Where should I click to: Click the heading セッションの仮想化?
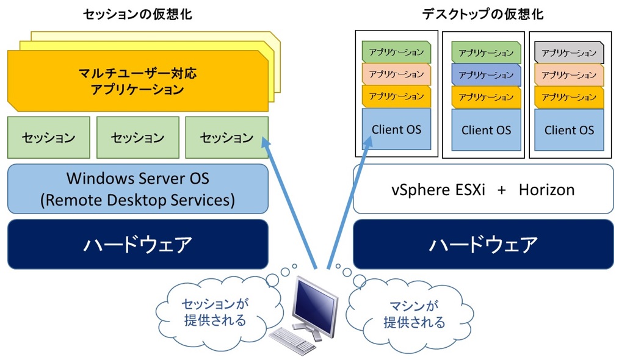pyautogui.click(x=137, y=13)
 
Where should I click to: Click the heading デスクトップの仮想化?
pyautogui.click(x=483, y=13)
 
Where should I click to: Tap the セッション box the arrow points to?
pyautogui.click(x=226, y=137)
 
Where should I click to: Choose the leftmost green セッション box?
pyautogui.click(x=48, y=137)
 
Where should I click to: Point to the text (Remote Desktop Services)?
pyautogui.click(x=137, y=200)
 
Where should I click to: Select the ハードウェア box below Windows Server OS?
pyautogui.click(x=137, y=244)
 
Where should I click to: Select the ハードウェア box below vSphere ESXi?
pyautogui.click(x=483, y=244)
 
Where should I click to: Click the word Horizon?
pyautogui.click(x=546, y=189)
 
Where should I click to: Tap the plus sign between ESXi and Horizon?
pyautogui.click(x=501, y=189)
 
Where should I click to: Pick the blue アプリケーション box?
pyautogui.click(x=486, y=75)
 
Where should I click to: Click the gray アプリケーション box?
pyautogui.click(x=569, y=52)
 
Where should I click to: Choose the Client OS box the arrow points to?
pyautogui.click(x=396, y=129)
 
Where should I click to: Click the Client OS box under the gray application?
pyautogui.click(x=569, y=129)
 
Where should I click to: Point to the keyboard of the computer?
pyautogui.click(x=292, y=339)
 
